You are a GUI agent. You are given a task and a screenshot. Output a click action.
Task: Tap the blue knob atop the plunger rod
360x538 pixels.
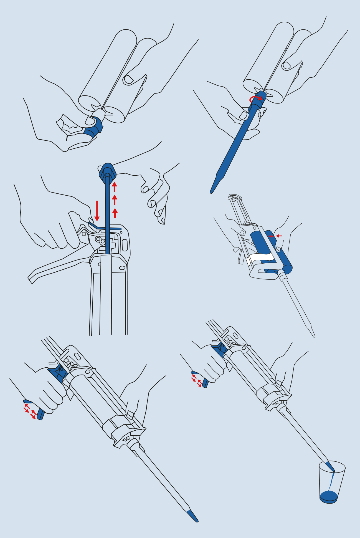[107, 170]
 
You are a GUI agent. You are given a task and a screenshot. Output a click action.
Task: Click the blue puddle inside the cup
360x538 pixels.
[329, 496]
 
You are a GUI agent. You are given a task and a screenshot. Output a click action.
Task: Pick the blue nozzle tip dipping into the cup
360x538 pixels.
[330, 466]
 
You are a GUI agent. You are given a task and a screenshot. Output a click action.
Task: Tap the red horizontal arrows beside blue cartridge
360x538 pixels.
[275, 236]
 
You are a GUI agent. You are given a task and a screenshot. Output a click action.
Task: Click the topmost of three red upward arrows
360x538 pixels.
[114, 186]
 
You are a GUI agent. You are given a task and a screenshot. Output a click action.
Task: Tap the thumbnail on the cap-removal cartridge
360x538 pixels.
[128, 80]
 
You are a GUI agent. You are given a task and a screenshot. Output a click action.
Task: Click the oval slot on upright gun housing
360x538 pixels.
[125, 245]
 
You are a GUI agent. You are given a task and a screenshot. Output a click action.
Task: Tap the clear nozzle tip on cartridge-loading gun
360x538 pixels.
[312, 332]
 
